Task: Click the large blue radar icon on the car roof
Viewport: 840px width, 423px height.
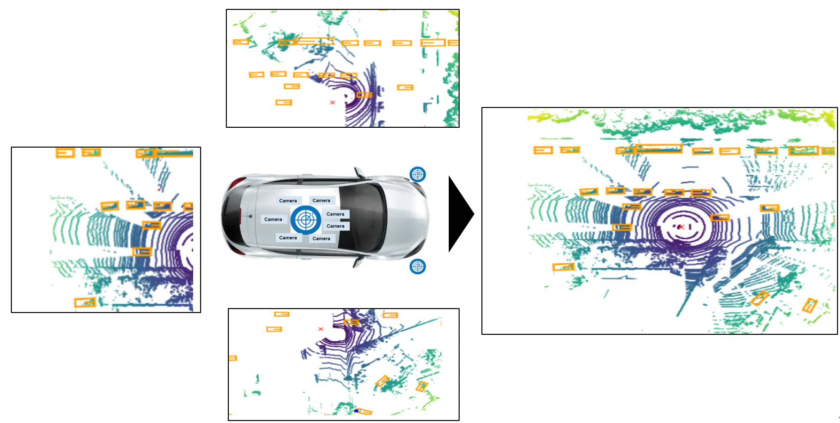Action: click(x=306, y=219)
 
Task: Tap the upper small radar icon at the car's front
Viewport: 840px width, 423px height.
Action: click(x=418, y=174)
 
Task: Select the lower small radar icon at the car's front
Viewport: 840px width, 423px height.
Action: click(x=418, y=266)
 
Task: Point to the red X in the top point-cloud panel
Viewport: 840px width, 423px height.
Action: click(x=332, y=103)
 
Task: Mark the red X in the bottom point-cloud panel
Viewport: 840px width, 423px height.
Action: click(x=320, y=329)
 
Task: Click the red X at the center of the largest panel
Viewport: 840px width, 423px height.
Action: click(x=682, y=227)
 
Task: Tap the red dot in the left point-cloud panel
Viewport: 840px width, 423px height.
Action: click(x=158, y=190)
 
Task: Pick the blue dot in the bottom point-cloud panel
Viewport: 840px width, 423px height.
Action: click(x=356, y=411)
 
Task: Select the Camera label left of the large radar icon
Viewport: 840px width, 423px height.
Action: click(x=273, y=219)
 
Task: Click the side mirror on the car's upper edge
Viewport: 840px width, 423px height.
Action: click(x=358, y=173)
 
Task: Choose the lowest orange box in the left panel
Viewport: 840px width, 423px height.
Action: click(x=85, y=302)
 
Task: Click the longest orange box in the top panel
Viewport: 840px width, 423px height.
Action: click(x=313, y=41)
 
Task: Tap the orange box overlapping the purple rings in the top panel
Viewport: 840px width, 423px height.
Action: click(x=364, y=95)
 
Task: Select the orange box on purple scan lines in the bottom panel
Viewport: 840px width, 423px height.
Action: click(x=351, y=322)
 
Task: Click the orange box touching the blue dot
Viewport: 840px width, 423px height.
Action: click(x=365, y=412)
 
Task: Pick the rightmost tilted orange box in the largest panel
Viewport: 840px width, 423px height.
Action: click(x=809, y=305)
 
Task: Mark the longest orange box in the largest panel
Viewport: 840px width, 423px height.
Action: click(x=659, y=148)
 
